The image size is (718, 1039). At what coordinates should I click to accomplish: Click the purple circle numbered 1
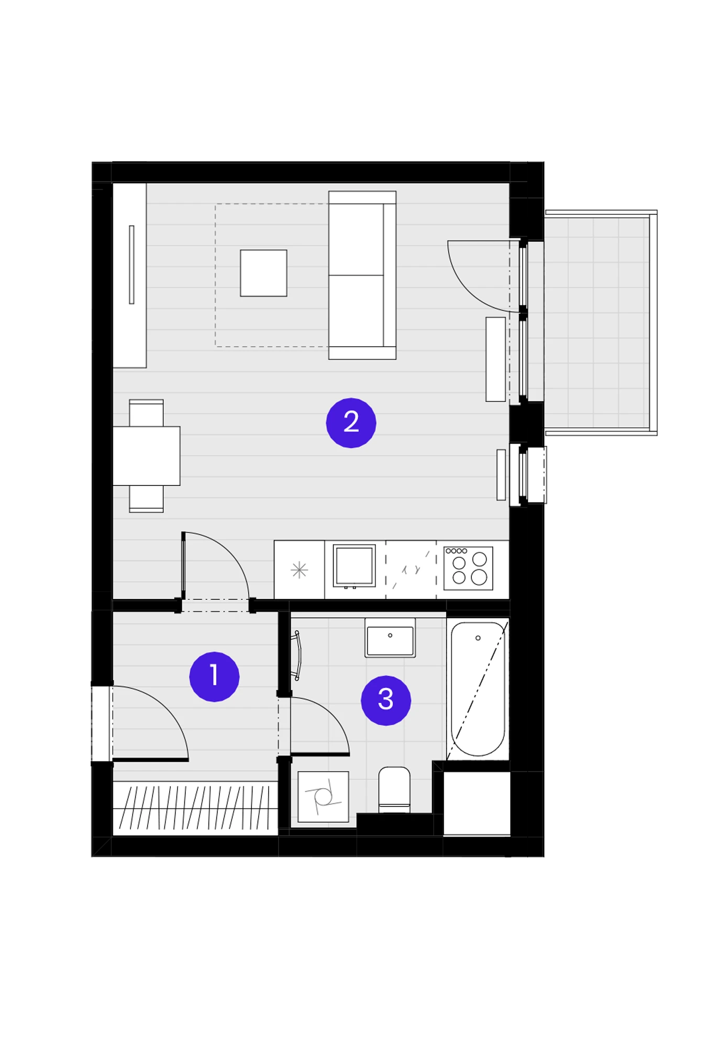214,676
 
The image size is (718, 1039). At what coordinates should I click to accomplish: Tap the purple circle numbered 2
351,423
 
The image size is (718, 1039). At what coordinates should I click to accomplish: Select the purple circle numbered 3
386,700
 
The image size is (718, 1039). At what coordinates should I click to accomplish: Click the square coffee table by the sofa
263,273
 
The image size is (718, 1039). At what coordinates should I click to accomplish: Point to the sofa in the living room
362,275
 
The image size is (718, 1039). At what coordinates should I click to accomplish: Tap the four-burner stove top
468,568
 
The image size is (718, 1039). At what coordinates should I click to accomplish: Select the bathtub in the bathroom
478,689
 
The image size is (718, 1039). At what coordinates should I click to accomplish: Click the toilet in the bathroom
394,790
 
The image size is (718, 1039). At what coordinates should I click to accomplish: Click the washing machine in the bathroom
323,797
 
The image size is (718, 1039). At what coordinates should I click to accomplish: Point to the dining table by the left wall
147,456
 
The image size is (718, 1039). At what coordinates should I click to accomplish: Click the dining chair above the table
146,413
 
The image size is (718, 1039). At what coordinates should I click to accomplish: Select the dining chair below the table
146,499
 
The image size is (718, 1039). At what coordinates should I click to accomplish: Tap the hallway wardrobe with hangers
195,808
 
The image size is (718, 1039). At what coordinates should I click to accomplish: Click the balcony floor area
597,323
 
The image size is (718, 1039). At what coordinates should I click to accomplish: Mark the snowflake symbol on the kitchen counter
299,569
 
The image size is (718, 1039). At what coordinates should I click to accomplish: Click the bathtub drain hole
478,638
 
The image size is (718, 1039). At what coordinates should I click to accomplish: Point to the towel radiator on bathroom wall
297,655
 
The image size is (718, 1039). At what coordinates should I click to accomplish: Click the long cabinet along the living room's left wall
129,275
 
